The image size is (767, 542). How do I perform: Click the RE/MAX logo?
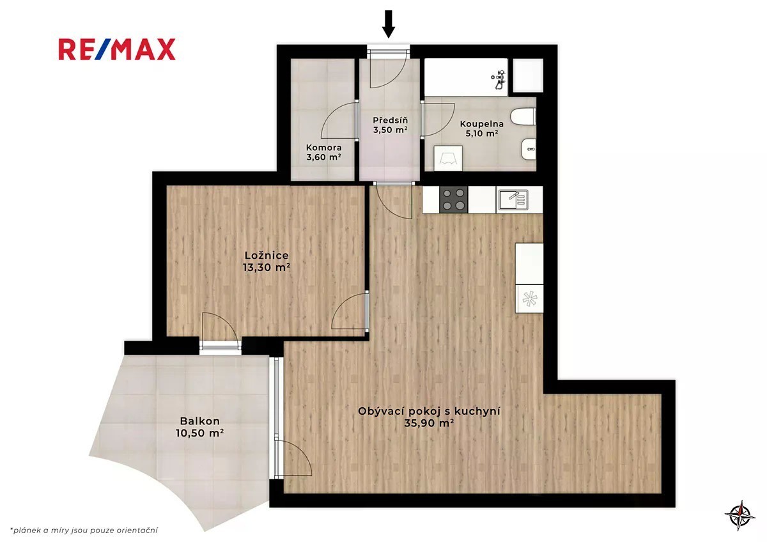point(117,50)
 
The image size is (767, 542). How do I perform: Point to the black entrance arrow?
point(389,24)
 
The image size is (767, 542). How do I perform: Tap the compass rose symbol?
point(740,515)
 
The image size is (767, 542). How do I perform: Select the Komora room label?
point(323,152)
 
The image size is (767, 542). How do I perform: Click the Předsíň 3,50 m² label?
point(391,125)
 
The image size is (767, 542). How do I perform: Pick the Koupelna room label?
point(482,128)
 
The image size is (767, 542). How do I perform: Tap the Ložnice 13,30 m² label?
point(267,261)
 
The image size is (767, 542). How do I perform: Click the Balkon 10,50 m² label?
point(200,427)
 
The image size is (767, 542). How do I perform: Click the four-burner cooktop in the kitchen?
point(454,199)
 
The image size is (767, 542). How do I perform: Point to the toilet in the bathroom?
point(523,117)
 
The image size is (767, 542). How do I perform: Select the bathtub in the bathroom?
point(466,77)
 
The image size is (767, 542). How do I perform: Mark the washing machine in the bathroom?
point(448,158)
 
